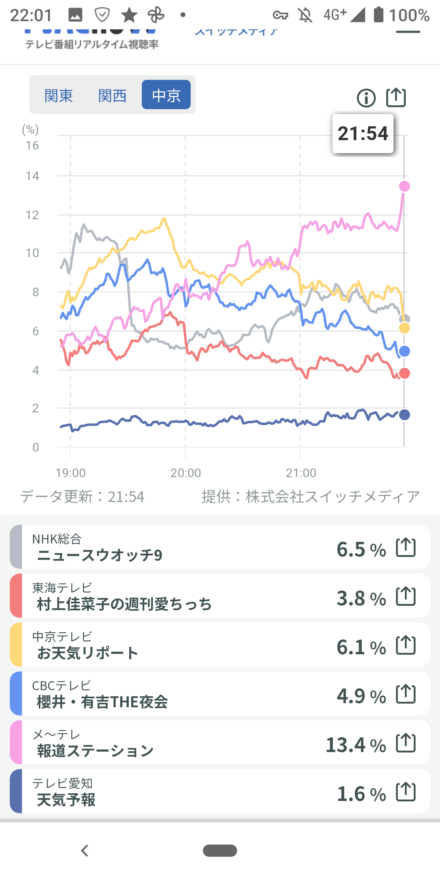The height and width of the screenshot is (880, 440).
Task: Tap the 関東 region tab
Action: [x=59, y=96]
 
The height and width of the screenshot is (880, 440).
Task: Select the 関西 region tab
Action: [x=112, y=96]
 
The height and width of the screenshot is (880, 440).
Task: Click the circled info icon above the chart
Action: [x=366, y=98]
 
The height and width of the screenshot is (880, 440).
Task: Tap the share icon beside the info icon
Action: [x=396, y=97]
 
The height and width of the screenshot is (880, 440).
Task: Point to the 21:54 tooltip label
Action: [x=363, y=134]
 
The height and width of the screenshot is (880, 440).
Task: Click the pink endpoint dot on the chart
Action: [x=404, y=186]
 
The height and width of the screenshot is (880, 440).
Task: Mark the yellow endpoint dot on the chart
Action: [x=404, y=328]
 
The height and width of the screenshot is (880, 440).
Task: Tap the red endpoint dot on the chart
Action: [x=404, y=373]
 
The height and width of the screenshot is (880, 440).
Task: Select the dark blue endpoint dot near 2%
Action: [x=404, y=415]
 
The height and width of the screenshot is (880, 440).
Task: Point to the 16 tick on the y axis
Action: [x=32, y=145]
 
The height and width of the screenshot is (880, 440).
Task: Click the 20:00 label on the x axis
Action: [x=186, y=473]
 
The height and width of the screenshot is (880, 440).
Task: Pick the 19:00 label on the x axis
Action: [x=70, y=473]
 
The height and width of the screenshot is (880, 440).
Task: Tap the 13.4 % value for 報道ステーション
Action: [x=356, y=745]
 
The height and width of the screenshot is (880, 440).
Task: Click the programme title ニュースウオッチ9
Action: [x=99, y=555]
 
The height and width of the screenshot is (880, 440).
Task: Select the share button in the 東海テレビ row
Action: [x=406, y=596]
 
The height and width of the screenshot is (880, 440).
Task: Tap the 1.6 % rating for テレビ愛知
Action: [x=361, y=794]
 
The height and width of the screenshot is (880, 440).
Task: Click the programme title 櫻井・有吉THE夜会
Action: [x=102, y=702]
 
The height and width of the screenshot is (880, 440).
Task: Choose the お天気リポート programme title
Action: [x=88, y=653]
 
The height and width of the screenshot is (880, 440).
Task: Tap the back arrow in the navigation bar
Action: [x=85, y=851]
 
